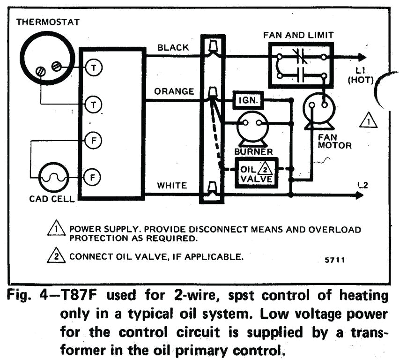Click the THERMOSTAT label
(48, 22)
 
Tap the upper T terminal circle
(93, 68)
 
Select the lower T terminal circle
(93, 104)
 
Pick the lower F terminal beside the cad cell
(93, 177)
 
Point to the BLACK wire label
(173, 47)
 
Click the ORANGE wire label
(174, 91)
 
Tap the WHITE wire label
(172, 186)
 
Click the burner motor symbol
(251, 125)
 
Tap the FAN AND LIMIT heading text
(298, 35)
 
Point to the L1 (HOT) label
(360, 75)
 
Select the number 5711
(334, 260)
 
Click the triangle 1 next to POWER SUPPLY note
(56, 229)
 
